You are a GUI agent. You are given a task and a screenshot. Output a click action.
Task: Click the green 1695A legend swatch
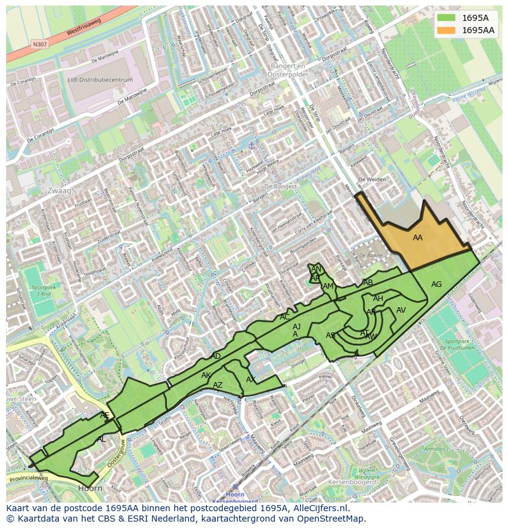447,18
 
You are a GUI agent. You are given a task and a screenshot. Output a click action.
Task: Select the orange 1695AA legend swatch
447,30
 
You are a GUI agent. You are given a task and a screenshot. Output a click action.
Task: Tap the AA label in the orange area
418,238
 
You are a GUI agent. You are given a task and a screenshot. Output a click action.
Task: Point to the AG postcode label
436,284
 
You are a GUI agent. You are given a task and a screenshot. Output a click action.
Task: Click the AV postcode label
401,310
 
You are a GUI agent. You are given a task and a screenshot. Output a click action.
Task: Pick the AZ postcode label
218,385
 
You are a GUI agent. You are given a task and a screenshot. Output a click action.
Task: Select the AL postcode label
101,439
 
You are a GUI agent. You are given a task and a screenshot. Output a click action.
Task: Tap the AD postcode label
215,356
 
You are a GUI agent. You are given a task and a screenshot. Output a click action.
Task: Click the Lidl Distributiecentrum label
101,80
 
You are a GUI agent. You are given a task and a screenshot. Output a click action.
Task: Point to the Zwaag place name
59,191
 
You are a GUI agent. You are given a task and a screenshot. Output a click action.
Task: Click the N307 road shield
40,44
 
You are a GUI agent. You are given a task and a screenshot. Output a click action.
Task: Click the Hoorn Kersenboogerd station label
235,497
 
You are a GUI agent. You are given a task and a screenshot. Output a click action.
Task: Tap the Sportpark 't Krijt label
42,291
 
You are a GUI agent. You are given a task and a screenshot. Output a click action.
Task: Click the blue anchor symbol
251,145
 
